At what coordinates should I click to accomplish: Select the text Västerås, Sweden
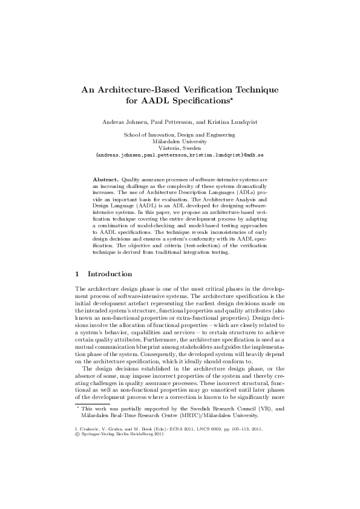180,148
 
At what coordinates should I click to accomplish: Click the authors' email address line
180,155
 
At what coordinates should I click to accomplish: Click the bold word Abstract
105,180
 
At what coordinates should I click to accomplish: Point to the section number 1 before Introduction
76,274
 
